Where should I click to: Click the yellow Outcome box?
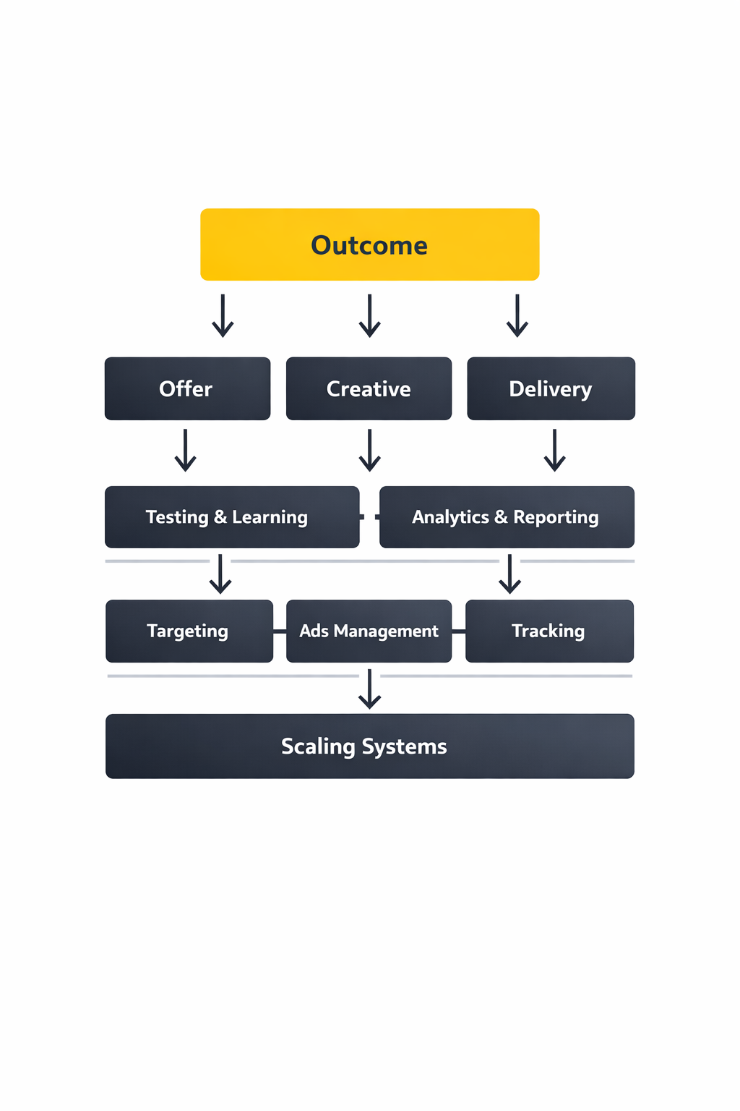pos(369,244)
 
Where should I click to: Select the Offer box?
pos(187,388)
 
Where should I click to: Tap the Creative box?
pos(369,388)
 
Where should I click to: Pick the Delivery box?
pos(551,388)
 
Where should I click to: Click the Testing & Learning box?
pos(231,517)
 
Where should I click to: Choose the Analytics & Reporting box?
pos(506,517)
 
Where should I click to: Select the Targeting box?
pos(189,631)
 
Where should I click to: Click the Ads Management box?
pos(369,631)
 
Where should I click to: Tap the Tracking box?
pos(549,631)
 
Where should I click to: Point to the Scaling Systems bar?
pos(369,746)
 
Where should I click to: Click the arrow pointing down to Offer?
pos(223,316)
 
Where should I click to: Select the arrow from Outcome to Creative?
pos(369,316)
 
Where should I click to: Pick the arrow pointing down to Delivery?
pos(517,316)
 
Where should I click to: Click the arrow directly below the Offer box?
pos(186,451)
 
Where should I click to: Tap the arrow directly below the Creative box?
pos(369,451)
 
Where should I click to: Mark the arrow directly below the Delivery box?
pos(554,451)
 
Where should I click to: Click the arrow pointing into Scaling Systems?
pos(369,689)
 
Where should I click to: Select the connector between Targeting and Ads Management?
pos(280,631)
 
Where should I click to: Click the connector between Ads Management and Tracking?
pos(458,631)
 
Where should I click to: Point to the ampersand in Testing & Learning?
pos(220,517)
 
